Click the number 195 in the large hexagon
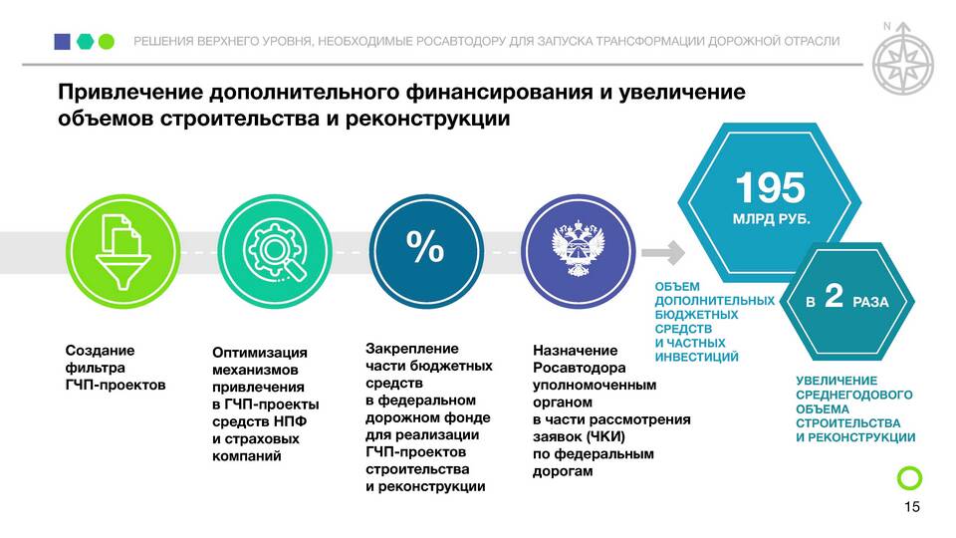click(770, 187)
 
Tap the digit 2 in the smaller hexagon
click(834, 296)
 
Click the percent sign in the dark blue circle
click(425, 246)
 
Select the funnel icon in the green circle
click(123, 252)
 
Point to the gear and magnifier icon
click(275, 251)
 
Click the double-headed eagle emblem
click(578, 250)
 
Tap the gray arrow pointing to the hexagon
click(663, 252)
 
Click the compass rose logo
click(903, 61)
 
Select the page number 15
click(911, 507)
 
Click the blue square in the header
click(62, 42)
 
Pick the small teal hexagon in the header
click(85, 42)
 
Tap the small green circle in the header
click(107, 42)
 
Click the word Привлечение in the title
click(130, 92)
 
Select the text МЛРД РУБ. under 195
click(771, 218)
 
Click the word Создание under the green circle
click(100, 351)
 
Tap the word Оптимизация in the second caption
click(260, 353)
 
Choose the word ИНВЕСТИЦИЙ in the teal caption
click(697, 357)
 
